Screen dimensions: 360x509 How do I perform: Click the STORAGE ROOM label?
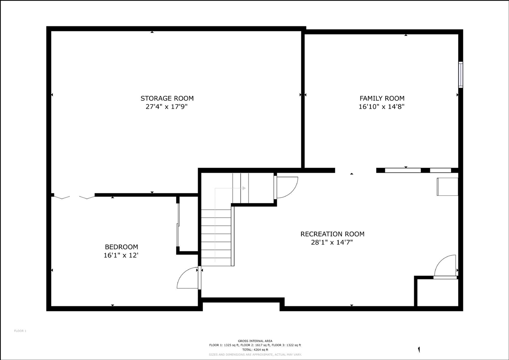point(167,98)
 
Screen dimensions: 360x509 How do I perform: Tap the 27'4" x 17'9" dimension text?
point(167,107)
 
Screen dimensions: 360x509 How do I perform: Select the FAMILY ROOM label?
point(382,98)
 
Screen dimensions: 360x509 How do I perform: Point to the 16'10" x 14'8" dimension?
point(382,107)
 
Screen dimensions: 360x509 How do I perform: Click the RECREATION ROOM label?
point(332,234)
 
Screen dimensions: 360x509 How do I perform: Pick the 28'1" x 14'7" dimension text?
point(332,242)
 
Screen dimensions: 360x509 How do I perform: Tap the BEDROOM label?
point(121,247)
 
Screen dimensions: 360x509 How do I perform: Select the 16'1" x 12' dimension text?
point(121,255)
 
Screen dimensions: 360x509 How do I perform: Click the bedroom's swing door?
point(188,278)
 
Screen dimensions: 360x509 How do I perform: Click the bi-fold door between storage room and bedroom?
point(74,196)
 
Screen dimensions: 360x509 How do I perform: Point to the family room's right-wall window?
point(460,74)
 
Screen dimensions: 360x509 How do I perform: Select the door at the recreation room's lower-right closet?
point(445,267)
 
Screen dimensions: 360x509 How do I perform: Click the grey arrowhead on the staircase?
point(243,188)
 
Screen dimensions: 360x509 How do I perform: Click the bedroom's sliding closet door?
point(178,225)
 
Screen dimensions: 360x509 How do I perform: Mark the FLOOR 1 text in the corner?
point(20,331)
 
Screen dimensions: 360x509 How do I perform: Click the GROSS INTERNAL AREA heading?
point(255,341)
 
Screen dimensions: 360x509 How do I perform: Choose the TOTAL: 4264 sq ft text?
point(255,350)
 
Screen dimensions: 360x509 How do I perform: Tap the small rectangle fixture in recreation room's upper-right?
point(447,187)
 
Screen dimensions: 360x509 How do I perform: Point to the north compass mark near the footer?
point(419,350)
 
